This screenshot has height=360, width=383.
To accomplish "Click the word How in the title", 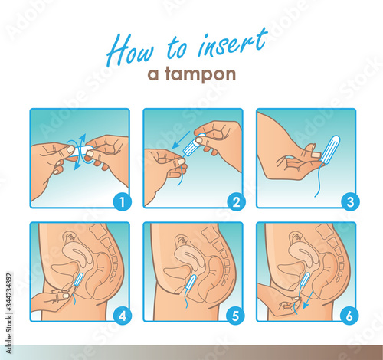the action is point(130,50).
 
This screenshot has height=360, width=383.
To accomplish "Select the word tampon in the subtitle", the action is point(201,74).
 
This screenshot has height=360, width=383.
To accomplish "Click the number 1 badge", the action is point(123,201).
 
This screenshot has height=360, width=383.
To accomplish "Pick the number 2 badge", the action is point(236,201).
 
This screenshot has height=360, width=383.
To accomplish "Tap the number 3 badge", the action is point(350,201).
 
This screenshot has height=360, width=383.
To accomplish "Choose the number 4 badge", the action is point(123,316).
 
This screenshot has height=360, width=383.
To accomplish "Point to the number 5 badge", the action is point(235,316).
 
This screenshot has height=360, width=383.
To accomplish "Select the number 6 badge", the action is point(349,316).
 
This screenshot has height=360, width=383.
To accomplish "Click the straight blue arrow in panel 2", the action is point(181,140).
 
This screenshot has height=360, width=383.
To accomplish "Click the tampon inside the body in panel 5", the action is point(191,283).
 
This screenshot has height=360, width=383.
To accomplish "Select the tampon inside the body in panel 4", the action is point(78,280).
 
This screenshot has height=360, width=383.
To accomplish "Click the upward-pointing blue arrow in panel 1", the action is point(83,141).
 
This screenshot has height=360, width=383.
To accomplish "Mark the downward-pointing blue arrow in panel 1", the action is point(77,163).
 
